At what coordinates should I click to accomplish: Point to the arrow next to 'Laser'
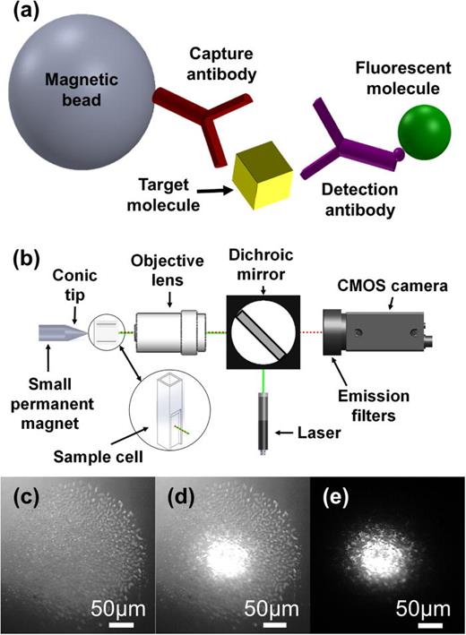(289, 434)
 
